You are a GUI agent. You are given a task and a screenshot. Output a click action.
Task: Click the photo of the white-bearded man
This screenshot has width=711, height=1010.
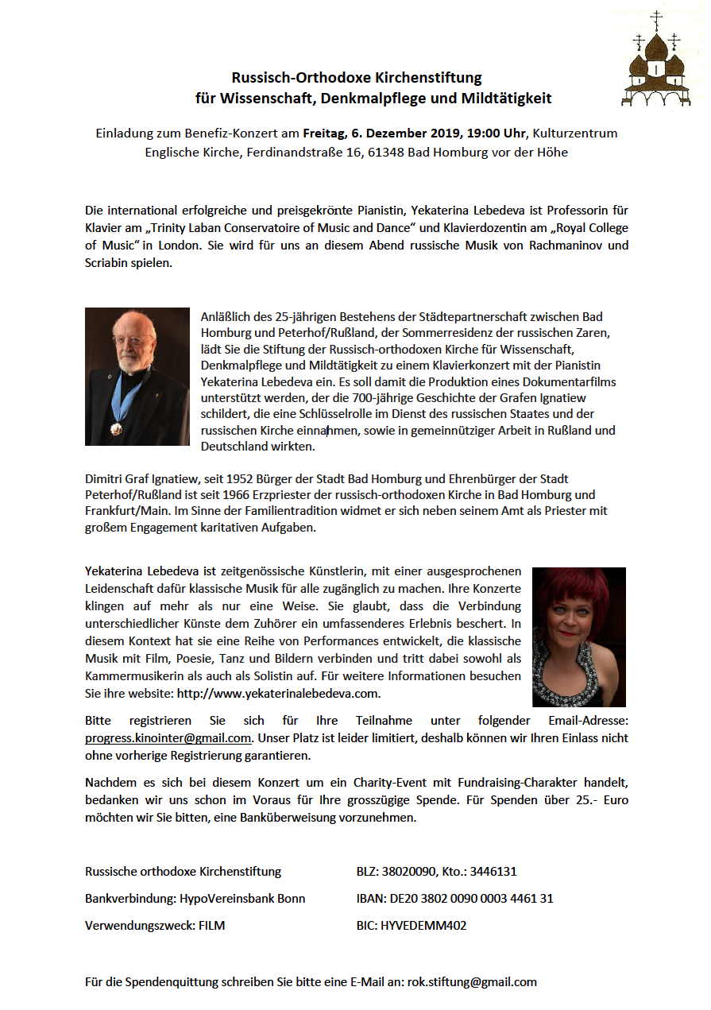point(137,376)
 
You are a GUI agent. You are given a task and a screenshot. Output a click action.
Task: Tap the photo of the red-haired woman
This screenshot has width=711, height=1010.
point(578,637)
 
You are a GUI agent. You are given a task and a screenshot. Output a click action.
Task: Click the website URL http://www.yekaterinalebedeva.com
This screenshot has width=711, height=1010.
point(278,693)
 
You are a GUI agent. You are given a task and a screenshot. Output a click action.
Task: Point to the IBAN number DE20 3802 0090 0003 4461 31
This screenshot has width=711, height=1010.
point(470,899)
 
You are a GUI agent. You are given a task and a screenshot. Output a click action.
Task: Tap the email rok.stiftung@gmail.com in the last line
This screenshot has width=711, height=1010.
point(472,981)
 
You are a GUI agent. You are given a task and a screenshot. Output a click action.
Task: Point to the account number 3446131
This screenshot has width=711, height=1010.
point(493,872)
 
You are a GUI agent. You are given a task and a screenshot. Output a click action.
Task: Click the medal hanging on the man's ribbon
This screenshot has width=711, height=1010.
point(117,428)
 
